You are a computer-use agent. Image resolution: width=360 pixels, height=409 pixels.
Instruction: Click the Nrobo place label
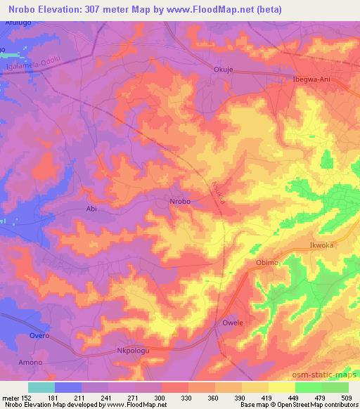point(180,202)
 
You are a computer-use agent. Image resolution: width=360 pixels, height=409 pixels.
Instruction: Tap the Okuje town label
point(223,70)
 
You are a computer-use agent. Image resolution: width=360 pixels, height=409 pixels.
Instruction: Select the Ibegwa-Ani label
point(311,79)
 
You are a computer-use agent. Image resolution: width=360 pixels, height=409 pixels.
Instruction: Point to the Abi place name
point(91,209)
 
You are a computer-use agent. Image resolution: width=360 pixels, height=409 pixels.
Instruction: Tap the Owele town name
point(233,323)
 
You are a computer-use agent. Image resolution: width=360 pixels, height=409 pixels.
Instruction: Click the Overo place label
point(39,336)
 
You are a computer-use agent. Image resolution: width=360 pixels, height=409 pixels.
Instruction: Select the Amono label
point(30,362)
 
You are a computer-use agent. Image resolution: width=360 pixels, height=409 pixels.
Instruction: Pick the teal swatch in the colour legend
point(41,387)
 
